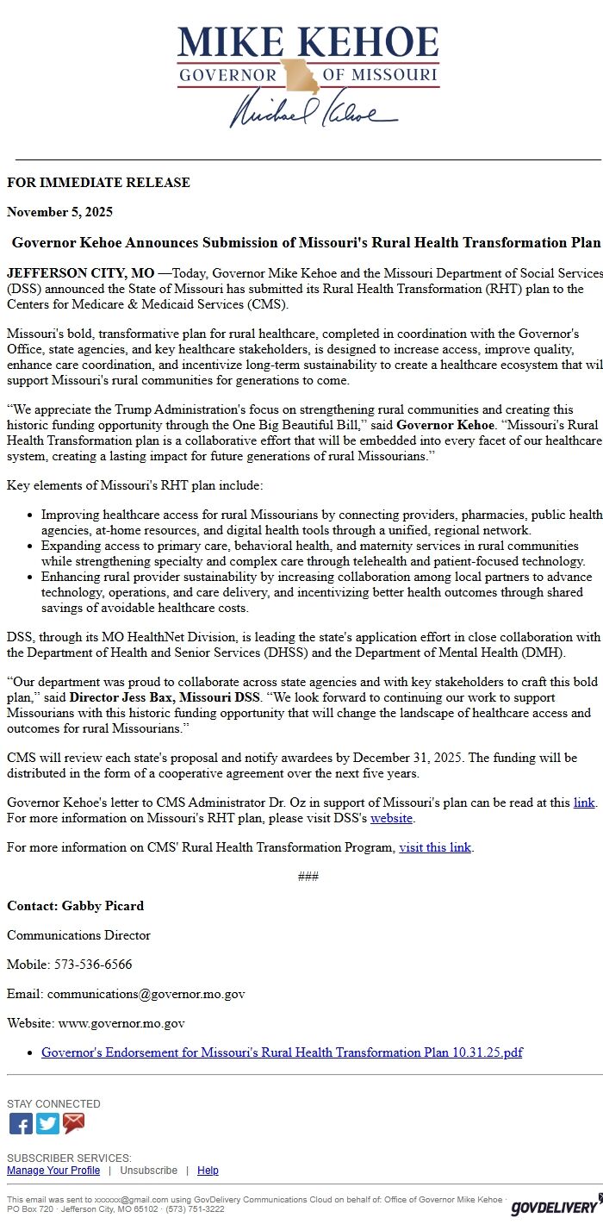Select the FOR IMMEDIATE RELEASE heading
click(x=98, y=183)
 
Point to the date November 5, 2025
click(x=59, y=212)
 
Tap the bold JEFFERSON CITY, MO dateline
click(x=80, y=273)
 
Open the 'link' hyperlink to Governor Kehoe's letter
click(x=583, y=802)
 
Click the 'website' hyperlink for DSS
click(x=391, y=818)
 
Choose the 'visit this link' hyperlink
click(x=435, y=847)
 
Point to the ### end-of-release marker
click(x=308, y=877)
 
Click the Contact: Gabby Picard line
click(x=75, y=906)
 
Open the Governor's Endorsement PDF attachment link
click(x=282, y=1052)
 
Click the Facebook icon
click(x=21, y=1124)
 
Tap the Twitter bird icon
click(x=47, y=1124)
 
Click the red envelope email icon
click(x=74, y=1124)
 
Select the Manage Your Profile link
click(x=53, y=1171)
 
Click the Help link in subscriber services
click(x=208, y=1171)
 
